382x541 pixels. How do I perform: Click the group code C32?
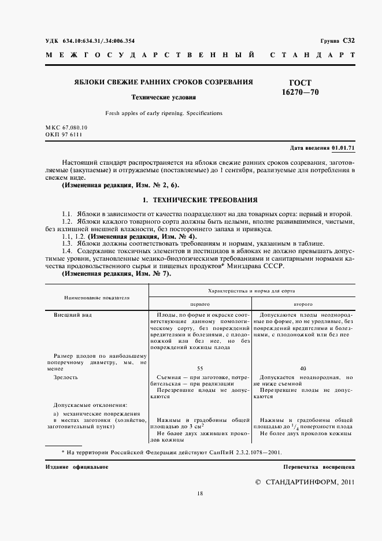(348, 41)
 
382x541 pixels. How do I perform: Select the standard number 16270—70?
(301, 92)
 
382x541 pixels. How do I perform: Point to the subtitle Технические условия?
(164, 98)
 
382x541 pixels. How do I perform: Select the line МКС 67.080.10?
(66, 127)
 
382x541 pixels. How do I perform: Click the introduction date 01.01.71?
(343, 149)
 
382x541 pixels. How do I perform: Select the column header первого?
(200, 303)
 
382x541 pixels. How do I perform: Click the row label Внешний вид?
(73, 315)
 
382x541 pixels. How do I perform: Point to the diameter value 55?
(200, 368)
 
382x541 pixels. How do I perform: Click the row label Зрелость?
(66, 377)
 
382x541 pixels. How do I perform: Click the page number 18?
(200, 493)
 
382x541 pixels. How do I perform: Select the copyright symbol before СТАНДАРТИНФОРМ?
(258, 481)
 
